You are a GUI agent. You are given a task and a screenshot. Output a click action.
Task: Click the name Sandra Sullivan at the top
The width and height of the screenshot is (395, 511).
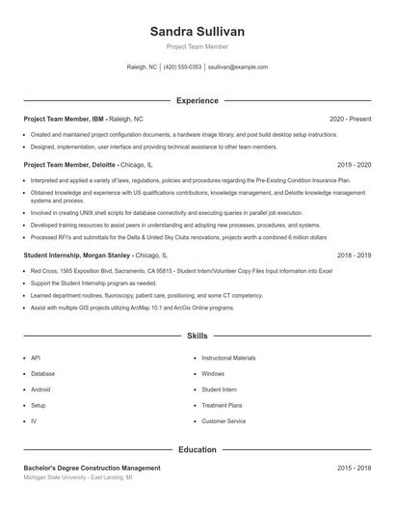click(197, 32)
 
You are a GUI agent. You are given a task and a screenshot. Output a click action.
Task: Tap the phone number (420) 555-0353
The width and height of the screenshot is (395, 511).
click(183, 67)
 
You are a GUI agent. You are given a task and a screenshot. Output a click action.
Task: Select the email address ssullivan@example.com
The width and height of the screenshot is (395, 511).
click(238, 67)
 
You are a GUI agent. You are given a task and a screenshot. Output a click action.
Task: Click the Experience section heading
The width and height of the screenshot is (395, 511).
click(197, 100)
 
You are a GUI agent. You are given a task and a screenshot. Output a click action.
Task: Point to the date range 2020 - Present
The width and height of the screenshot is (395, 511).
click(350, 119)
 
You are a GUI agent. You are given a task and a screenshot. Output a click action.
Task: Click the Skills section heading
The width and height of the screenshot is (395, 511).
click(197, 336)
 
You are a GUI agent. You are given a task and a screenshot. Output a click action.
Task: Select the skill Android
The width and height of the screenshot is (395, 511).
click(40, 390)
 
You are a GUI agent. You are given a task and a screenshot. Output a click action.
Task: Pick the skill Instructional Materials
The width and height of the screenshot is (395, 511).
click(228, 358)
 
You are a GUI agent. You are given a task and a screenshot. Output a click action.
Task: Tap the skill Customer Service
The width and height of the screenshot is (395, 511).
click(224, 421)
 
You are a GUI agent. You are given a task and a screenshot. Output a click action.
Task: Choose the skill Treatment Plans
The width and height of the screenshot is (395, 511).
click(222, 406)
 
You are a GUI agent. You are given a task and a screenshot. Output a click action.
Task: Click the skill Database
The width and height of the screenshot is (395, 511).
click(42, 373)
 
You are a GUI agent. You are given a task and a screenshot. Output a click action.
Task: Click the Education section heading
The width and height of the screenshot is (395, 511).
click(197, 449)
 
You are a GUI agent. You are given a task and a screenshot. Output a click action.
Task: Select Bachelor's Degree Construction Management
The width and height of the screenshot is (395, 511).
click(92, 468)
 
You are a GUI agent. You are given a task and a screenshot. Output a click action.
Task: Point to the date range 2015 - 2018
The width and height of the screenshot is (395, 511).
click(354, 468)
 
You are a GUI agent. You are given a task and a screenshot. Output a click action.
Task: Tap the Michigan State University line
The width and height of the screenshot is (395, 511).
click(77, 477)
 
